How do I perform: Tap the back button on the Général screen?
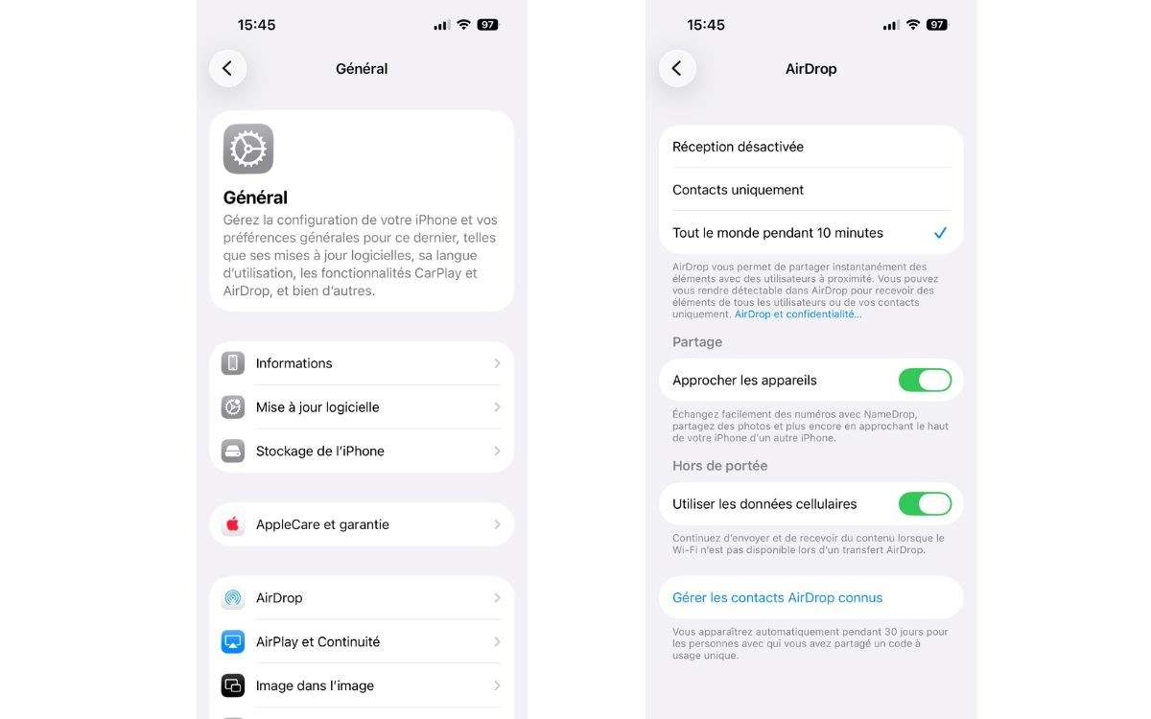coord(227,68)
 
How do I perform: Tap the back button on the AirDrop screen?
coord(677,68)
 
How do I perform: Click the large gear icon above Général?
coord(248,149)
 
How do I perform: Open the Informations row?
coord(361,363)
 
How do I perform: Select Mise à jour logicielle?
coord(361,407)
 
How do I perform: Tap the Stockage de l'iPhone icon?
coord(233,451)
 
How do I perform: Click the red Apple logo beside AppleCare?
coord(233,524)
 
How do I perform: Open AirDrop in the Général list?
coord(361,598)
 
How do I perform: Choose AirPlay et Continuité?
coord(361,642)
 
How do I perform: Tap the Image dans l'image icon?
coord(233,685)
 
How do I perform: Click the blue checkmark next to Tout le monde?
coord(940,233)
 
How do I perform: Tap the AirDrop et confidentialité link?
coord(798,314)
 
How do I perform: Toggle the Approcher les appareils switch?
coord(925,381)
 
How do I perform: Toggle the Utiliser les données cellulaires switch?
coord(925,504)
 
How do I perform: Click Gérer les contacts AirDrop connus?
coord(778,598)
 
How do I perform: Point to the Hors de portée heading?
coord(720,466)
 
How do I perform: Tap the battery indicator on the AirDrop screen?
coord(937,25)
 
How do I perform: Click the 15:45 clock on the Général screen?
coord(256,25)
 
